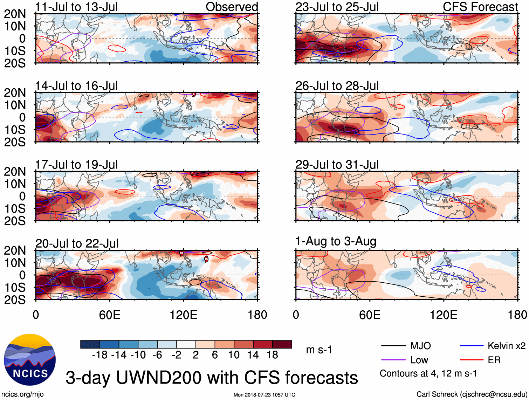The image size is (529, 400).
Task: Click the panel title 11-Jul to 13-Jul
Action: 76,7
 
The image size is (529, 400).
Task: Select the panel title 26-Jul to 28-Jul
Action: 337,85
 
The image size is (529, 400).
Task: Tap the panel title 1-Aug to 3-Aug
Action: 336,241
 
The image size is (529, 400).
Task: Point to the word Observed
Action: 232,7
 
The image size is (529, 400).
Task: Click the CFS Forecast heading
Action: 480,7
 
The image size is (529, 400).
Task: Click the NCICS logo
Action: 30,360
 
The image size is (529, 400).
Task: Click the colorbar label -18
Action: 99,355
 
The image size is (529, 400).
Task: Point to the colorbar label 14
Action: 253,355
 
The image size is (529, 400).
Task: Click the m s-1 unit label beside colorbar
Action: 319,350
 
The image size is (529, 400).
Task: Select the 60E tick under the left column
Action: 110,315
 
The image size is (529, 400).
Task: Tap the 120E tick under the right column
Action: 444,315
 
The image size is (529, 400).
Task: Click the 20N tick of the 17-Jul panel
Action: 15,172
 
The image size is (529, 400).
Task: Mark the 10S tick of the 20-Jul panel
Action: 15,287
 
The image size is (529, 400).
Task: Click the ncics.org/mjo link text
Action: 22,394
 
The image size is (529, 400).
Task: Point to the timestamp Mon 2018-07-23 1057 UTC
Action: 264,395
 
